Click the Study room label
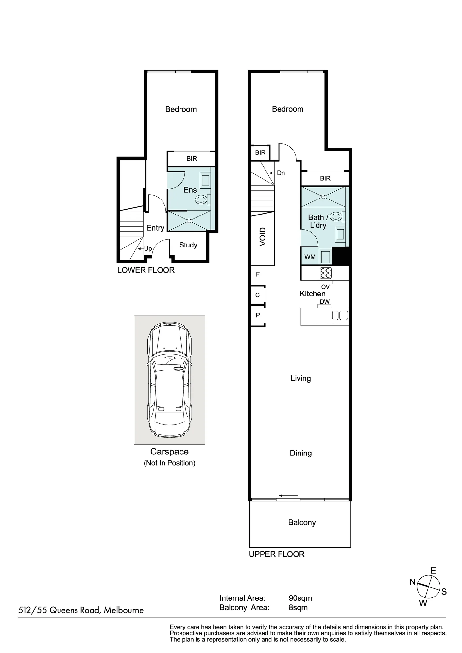(188, 245)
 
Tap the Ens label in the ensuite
(190, 190)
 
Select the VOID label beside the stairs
(263, 237)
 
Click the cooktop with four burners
(326, 273)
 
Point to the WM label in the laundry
(310, 257)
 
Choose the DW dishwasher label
(325, 302)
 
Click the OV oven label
(325, 287)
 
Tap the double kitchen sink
(340, 315)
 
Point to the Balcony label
(302, 522)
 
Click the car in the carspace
(169, 379)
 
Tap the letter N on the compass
(413, 582)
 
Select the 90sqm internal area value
(300, 598)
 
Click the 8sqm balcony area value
(298, 607)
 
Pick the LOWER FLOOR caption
(146, 270)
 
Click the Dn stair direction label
(281, 173)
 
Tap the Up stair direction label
(148, 249)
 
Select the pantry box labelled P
(258, 315)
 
